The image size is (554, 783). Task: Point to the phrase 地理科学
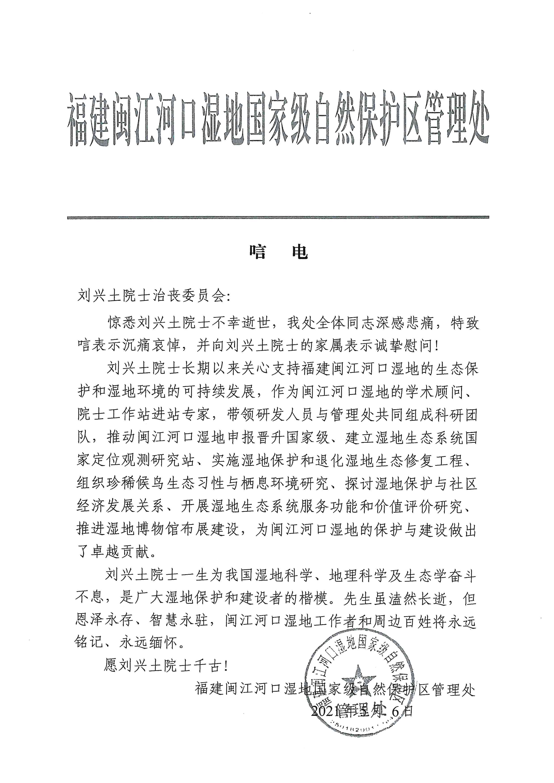(358, 576)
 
